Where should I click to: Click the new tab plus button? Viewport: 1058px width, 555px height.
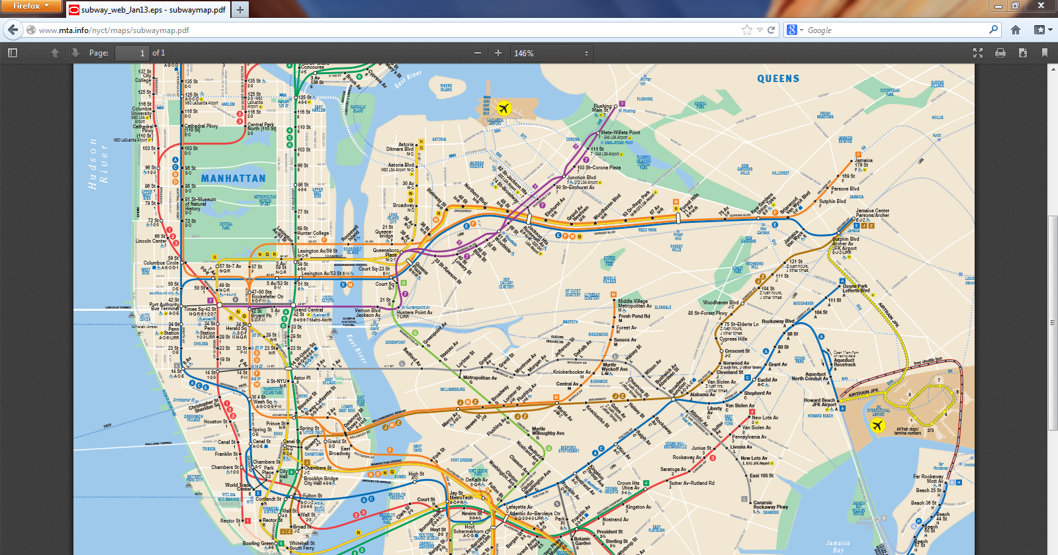(x=240, y=9)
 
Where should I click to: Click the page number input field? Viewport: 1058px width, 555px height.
(x=132, y=53)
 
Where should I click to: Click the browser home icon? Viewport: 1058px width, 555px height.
(x=1016, y=30)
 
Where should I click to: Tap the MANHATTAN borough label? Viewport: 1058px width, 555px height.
(x=233, y=179)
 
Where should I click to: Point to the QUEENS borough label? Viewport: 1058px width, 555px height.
(x=778, y=79)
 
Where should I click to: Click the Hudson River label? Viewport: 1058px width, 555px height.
(x=98, y=164)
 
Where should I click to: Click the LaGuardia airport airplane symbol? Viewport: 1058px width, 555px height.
(x=504, y=108)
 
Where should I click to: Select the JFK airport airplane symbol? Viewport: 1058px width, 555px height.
(x=877, y=425)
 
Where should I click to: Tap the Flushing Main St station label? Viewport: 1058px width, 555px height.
(x=603, y=108)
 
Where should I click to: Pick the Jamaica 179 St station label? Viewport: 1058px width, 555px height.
(x=863, y=163)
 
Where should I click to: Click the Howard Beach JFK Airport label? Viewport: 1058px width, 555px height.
(x=820, y=402)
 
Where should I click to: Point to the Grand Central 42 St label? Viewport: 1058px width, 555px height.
(x=308, y=312)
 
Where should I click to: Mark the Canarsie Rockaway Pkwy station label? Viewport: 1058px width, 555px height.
(x=770, y=505)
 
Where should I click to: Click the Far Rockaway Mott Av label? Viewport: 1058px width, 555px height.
(x=928, y=478)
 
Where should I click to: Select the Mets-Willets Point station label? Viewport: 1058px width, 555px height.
(x=620, y=133)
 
